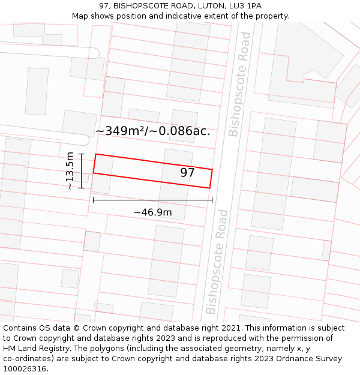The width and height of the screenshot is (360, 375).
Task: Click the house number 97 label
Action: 187,173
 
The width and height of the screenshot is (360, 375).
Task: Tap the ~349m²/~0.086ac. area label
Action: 152,131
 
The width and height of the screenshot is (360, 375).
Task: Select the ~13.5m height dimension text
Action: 70,171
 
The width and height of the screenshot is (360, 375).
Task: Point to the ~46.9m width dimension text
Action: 152,212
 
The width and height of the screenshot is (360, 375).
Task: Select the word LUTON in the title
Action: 208,6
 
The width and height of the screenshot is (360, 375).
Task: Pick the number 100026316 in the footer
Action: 25,368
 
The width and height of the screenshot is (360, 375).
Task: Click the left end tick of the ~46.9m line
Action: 93,200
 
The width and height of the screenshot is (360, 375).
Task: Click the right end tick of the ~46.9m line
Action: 212,200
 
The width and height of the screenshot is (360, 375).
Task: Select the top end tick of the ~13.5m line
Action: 81,154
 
